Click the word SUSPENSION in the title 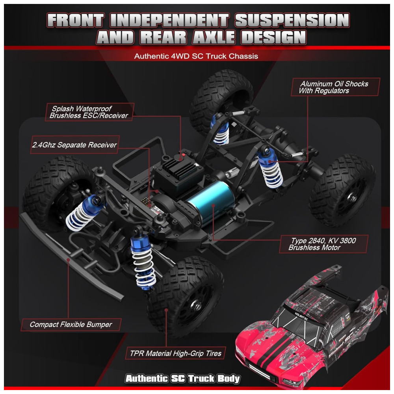[292, 20]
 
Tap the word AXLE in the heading [214, 37]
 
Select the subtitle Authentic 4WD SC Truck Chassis [196, 56]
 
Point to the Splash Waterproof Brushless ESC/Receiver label [89, 112]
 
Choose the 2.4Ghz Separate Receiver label [74, 145]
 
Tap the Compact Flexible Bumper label [71, 324]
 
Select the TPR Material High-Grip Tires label [175, 353]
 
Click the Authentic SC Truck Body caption [183, 378]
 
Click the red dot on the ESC [184, 155]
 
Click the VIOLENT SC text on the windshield [301, 316]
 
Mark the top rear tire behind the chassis [221, 100]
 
